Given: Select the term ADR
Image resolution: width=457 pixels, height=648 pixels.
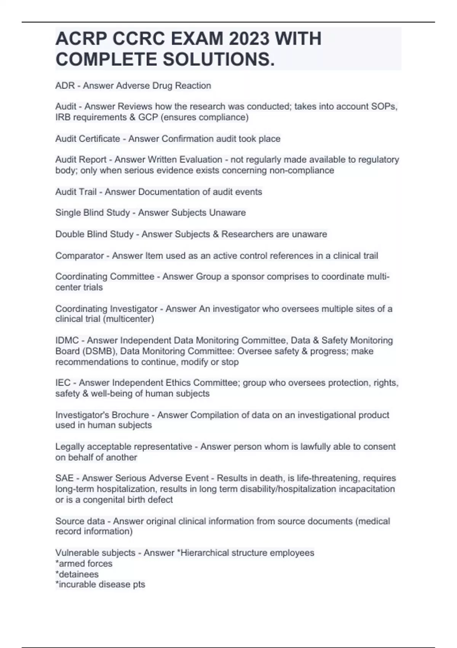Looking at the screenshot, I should (x=65, y=86).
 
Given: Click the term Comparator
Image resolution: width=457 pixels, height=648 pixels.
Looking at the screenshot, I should (x=79, y=255).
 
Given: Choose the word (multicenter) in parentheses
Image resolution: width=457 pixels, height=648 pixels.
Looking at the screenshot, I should (x=128, y=319).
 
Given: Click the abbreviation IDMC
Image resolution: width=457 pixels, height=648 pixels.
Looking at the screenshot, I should (x=67, y=340).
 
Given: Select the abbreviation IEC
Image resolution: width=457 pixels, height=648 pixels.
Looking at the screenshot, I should (x=63, y=383).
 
